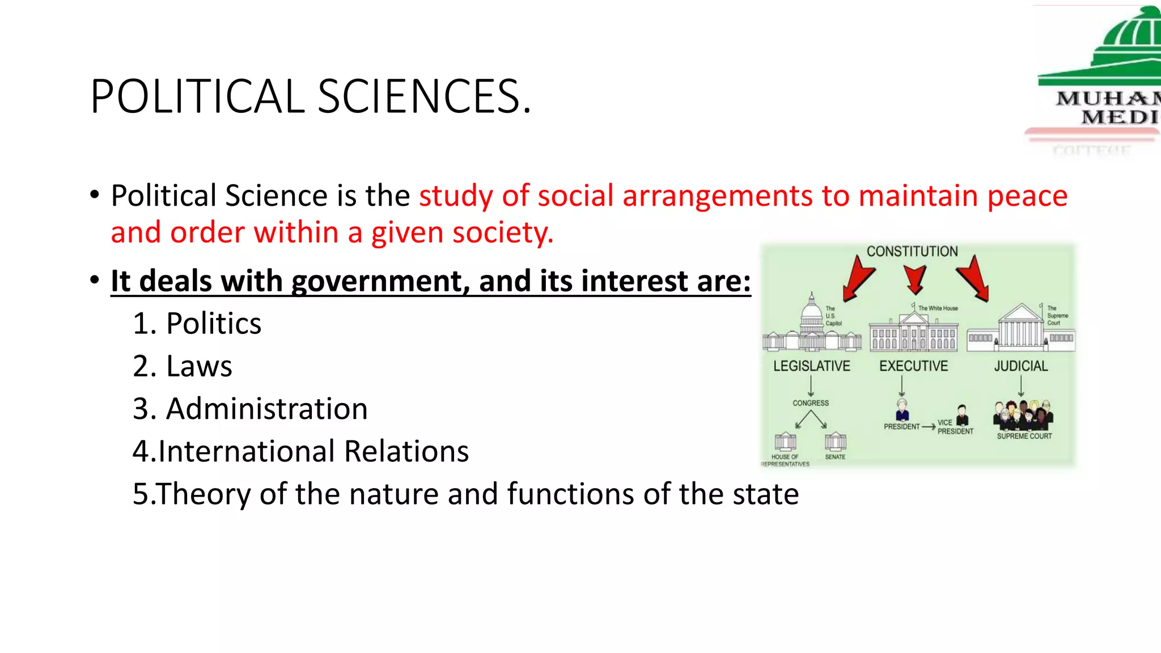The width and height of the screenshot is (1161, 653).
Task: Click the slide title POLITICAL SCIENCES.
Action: [311, 96]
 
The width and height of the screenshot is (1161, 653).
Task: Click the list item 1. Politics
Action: [197, 324]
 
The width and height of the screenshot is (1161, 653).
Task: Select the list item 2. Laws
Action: [182, 366]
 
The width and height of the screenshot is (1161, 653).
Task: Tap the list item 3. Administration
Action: [250, 409]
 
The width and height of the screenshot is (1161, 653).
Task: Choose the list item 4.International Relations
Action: [300, 451]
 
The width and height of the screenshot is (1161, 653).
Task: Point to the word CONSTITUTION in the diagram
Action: [912, 251]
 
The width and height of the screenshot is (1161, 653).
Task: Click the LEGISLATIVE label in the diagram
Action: [811, 366]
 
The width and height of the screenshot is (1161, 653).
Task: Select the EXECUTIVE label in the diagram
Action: [913, 366]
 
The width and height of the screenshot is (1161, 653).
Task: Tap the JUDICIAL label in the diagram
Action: [1020, 366]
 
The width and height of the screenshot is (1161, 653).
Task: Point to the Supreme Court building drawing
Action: [1020, 329]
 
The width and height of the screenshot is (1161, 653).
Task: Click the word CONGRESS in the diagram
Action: [810, 403]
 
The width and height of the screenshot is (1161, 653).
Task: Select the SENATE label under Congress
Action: [835, 456]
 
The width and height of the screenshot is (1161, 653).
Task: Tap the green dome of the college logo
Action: [1128, 34]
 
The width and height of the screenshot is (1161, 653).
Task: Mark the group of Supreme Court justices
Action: [1023, 415]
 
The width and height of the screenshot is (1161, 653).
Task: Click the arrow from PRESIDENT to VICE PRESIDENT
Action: [928, 427]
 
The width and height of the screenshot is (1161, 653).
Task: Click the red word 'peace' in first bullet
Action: [1027, 196]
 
